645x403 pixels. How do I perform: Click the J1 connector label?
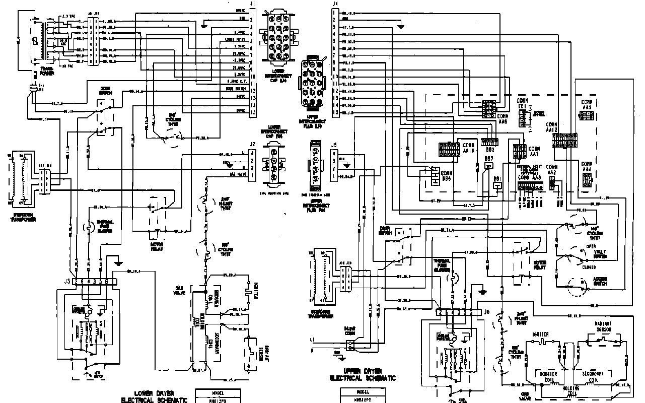[x=253, y=4]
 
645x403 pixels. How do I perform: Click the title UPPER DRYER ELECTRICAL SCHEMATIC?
[x=362, y=374]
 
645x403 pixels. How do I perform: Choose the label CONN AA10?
[x=468, y=147]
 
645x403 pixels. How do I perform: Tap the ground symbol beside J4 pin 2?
[x=400, y=26]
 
